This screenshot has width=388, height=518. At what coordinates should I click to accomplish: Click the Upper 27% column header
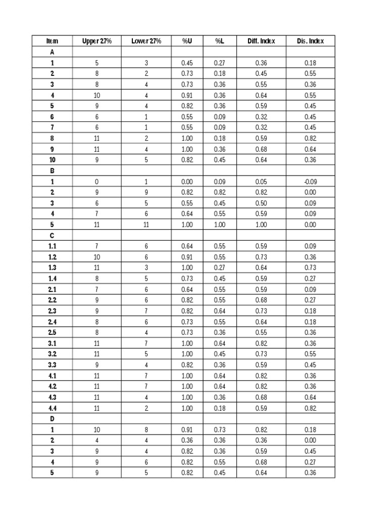pyautogui.click(x=97, y=41)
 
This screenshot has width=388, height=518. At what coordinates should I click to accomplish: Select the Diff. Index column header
pyautogui.click(x=261, y=41)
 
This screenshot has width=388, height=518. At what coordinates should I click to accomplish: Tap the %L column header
pyautogui.click(x=219, y=41)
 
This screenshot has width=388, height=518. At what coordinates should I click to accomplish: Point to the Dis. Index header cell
pyautogui.click(x=310, y=41)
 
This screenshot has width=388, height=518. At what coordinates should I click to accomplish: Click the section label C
pyautogui.click(x=52, y=235)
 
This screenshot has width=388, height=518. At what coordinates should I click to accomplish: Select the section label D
pyautogui.click(x=52, y=418)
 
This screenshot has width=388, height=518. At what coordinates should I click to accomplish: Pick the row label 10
pyautogui.click(x=52, y=160)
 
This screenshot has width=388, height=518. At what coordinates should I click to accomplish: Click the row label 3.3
pyautogui.click(x=52, y=365)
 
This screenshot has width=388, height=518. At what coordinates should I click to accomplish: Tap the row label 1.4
pyautogui.click(x=52, y=278)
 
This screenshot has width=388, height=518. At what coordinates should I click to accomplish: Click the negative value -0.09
pyautogui.click(x=310, y=182)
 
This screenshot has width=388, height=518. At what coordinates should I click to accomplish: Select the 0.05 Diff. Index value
pyautogui.click(x=261, y=182)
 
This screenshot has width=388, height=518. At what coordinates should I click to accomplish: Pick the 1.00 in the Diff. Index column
pyautogui.click(x=261, y=225)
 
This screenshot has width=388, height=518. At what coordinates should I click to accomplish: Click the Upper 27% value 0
pyautogui.click(x=97, y=182)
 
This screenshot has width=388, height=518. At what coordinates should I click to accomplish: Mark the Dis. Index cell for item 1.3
pyautogui.click(x=310, y=268)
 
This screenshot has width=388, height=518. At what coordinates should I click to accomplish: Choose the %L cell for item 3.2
pyautogui.click(x=219, y=354)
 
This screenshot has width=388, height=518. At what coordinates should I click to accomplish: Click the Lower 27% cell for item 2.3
pyautogui.click(x=147, y=311)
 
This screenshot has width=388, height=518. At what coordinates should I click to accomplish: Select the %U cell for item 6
pyautogui.click(x=187, y=117)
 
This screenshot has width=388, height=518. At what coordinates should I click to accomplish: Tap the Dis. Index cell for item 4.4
pyautogui.click(x=310, y=408)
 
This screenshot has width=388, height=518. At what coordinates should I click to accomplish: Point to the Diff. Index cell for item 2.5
pyautogui.click(x=261, y=332)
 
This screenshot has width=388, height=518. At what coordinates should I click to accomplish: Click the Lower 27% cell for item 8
pyautogui.click(x=147, y=138)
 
